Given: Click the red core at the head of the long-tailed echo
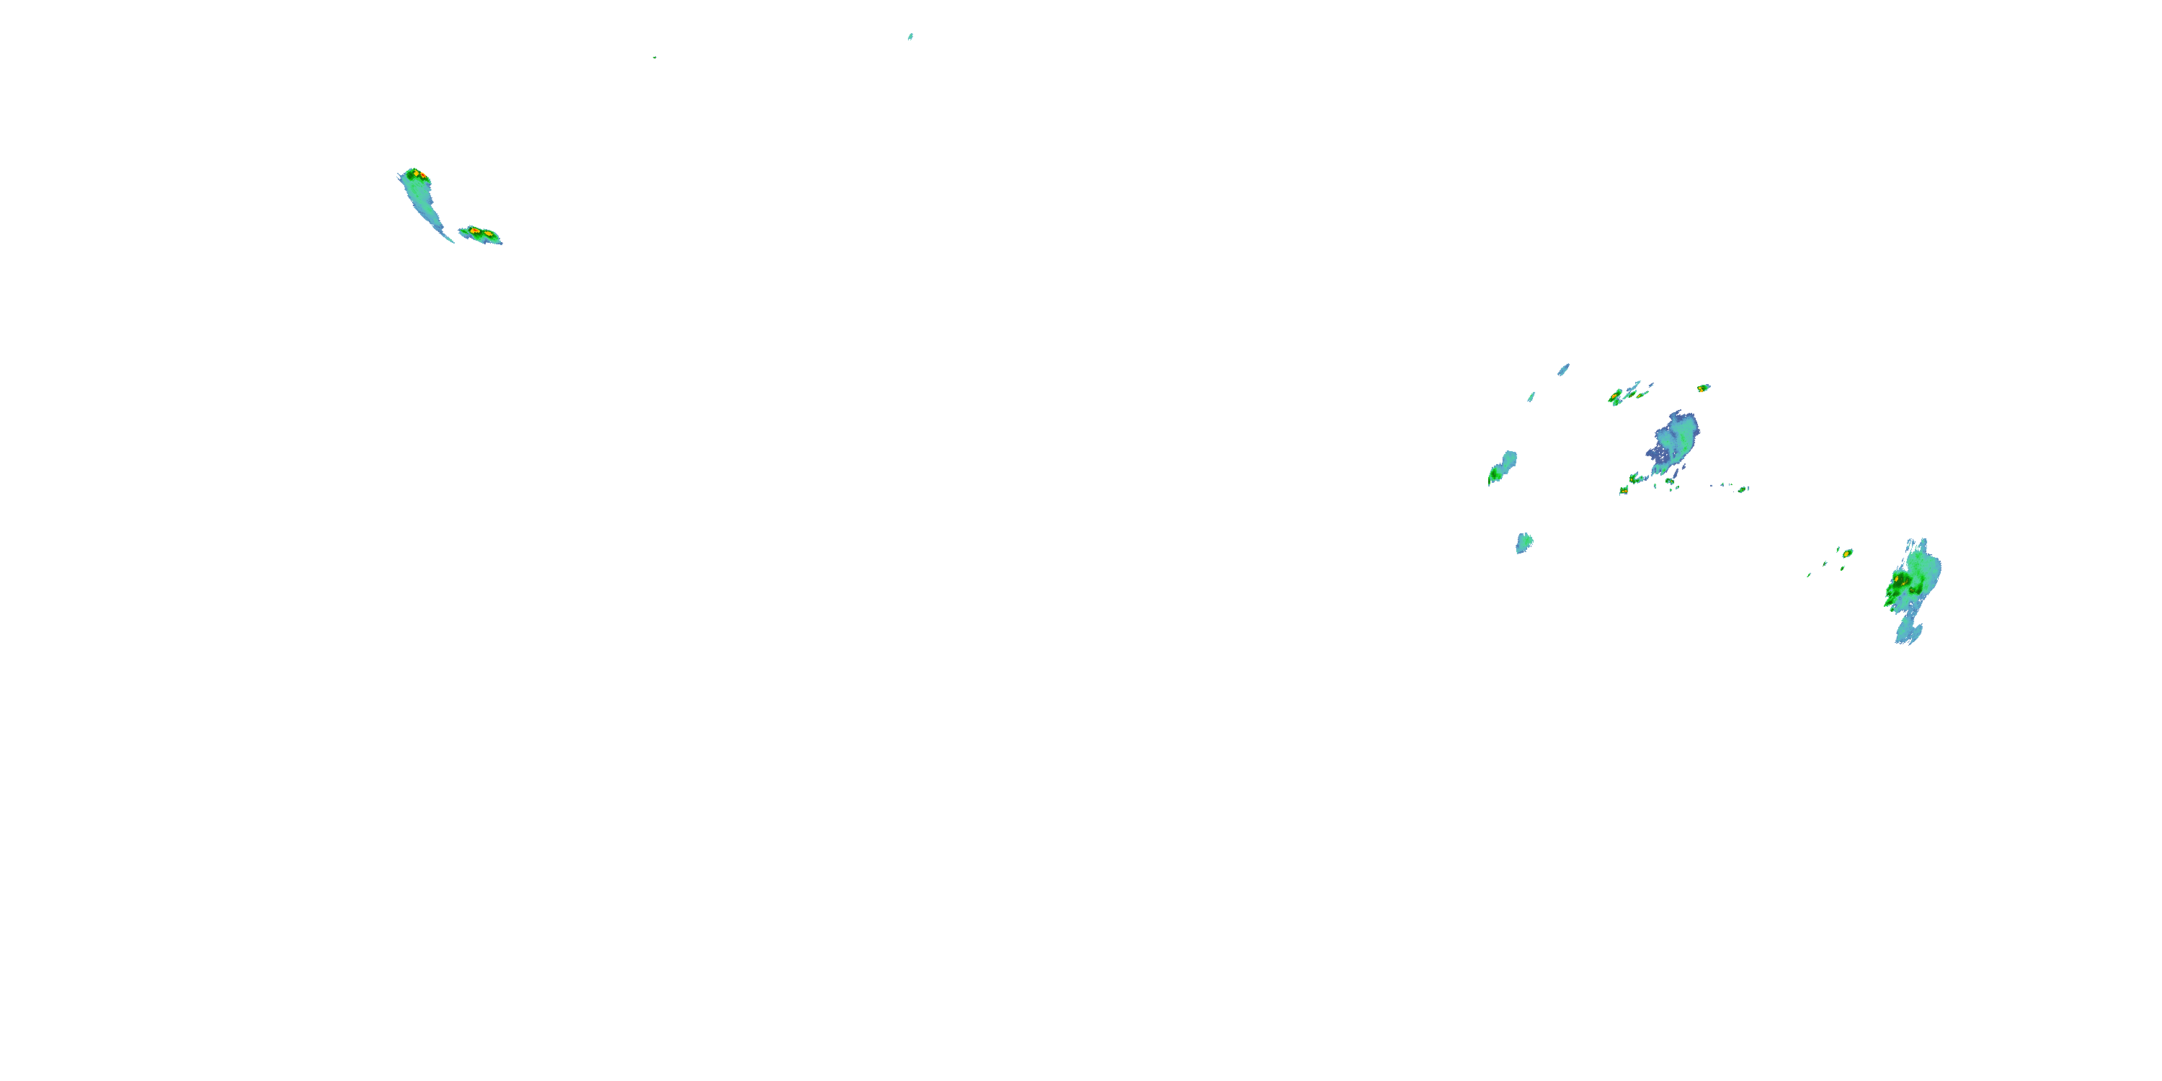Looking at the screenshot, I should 422,175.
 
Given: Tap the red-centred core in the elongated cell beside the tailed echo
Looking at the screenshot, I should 474,231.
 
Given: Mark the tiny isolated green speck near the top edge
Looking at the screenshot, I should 654,57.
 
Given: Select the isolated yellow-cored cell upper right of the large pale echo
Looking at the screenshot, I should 1703,388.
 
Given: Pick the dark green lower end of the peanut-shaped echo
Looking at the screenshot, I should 1495,476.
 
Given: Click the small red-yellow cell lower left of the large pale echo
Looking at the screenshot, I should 1623,490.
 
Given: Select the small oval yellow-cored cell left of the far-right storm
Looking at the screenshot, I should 1847,553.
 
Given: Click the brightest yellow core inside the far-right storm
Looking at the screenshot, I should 1898,579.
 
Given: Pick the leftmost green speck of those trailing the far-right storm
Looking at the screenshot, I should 1810,575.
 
